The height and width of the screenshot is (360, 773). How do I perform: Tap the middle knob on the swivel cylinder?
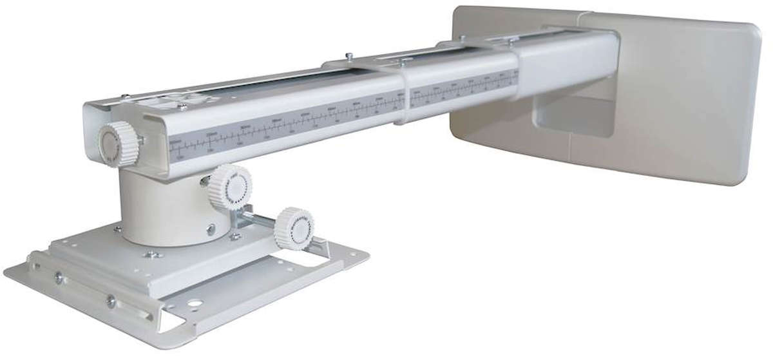[x=231, y=187]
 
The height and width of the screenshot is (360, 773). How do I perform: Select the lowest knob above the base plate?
[x=294, y=228]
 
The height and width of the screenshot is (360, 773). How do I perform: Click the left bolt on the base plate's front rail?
[x=59, y=278]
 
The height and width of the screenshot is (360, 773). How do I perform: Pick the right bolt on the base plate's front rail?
[x=111, y=299]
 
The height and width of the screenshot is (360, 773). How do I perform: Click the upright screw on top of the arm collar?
[x=348, y=57]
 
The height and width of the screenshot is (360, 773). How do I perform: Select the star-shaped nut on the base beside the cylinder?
[x=236, y=237]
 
